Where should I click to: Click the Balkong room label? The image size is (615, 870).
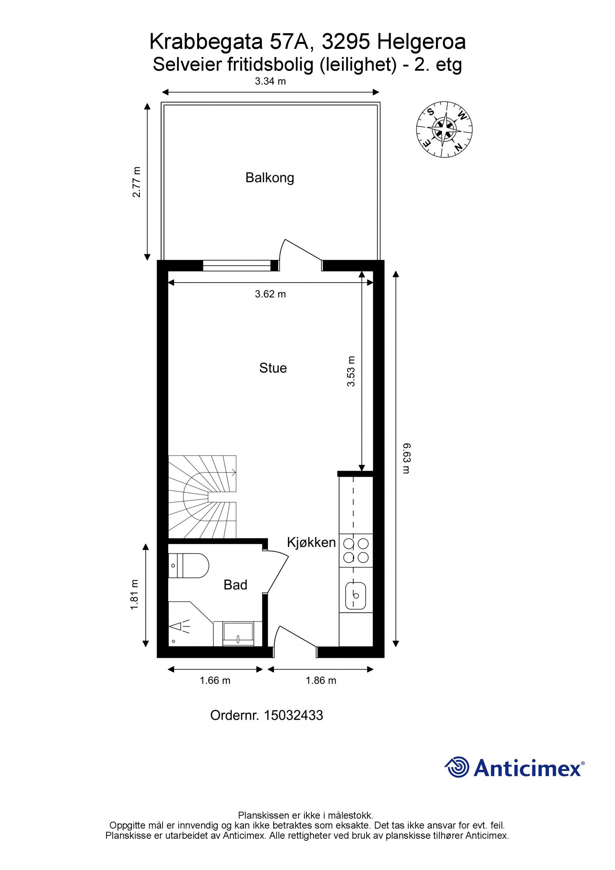(x=270, y=178)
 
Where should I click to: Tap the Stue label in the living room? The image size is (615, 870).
(x=273, y=368)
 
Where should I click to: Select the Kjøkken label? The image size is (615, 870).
(x=311, y=542)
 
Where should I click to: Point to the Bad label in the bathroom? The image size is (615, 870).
(x=235, y=585)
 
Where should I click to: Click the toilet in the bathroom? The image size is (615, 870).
(x=188, y=566)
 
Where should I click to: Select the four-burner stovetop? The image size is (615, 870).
(x=356, y=551)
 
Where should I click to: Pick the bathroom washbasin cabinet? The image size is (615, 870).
(x=238, y=634)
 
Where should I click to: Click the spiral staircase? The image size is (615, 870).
(x=202, y=497)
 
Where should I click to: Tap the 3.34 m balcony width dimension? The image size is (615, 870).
(x=271, y=81)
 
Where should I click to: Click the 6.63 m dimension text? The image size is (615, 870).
(x=407, y=458)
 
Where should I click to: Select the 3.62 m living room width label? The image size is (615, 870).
(x=271, y=294)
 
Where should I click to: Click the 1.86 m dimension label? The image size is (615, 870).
(x=321, y=680)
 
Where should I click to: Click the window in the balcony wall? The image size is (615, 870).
(x=237, y=265)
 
